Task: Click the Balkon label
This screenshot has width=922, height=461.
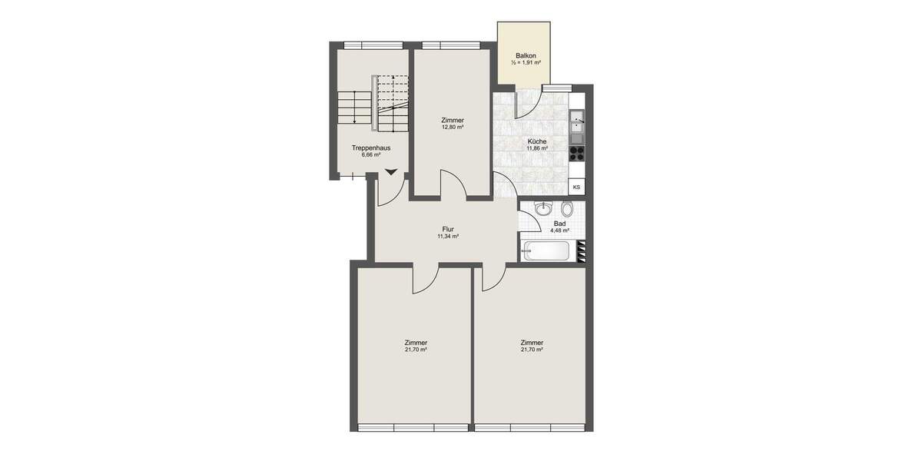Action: coord(526,56)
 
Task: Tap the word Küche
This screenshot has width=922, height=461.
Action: coord(537,141)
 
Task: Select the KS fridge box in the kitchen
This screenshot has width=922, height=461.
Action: coord(576,187)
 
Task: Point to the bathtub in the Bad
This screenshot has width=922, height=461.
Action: coord(546,250)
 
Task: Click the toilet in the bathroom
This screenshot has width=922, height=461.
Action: coord(568,208)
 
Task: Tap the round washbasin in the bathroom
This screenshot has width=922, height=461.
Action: coord(543,207)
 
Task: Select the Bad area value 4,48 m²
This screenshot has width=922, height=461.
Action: coord(559,230)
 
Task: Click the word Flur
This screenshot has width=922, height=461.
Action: coord(448,229)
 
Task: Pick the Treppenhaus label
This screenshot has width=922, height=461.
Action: coord(371,148)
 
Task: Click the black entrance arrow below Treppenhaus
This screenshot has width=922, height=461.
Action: coord(392,173)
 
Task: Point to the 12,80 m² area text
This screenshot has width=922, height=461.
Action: coord(453,128)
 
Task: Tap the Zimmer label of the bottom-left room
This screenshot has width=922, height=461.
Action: coord(416,343)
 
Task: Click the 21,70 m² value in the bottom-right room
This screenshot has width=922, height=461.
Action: coord(532,350)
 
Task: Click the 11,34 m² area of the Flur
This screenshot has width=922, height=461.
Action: coord(448,237)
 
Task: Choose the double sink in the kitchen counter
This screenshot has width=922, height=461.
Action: coord(577,123)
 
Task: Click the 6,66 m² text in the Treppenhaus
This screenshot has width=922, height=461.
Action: coord(371,154)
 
